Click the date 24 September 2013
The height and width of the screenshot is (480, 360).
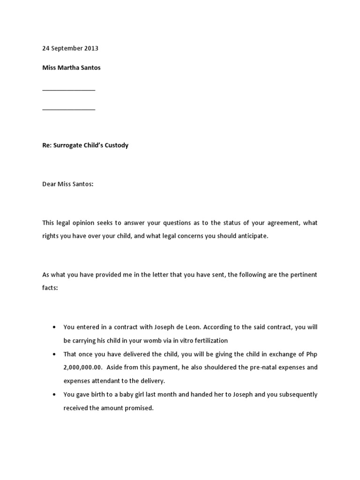tap(70, 48)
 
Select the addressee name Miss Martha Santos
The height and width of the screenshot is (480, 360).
tap(71, 67)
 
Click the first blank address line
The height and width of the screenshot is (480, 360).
tap(69, 90)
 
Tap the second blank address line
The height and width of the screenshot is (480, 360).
tap(69, 109)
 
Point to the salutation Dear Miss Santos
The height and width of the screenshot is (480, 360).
tap(68, 184)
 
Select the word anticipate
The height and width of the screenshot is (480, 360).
tap(253, 236)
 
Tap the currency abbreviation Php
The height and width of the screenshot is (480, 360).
tap(311, 354)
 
